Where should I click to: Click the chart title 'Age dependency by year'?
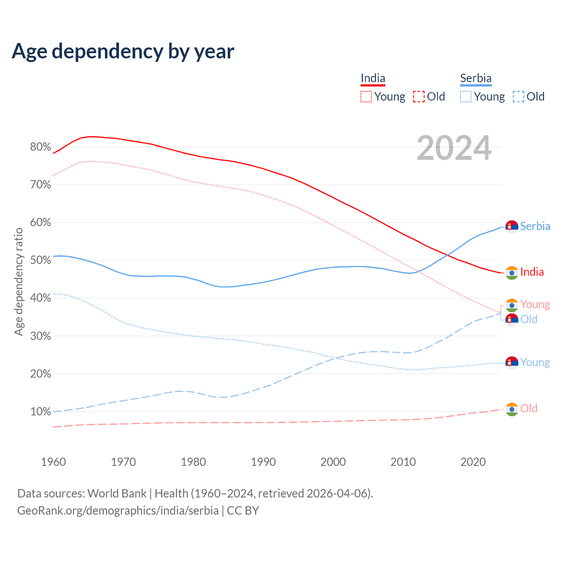point(123,51)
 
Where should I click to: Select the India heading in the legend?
point(373,79)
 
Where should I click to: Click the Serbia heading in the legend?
point(476,79)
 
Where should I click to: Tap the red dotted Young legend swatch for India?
point(366,97)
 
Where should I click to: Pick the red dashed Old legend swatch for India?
point(419,97)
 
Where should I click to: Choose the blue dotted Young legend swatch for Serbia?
point(465,97)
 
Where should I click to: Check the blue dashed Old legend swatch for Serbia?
point(519,97)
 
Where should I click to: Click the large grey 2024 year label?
point(454,148)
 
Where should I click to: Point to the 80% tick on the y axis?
point(40,147)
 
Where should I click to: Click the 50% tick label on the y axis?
point(40,260)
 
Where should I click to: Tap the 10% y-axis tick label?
point(40,412)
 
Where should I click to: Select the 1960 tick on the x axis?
point(53,462)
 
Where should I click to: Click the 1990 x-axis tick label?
point(263,462)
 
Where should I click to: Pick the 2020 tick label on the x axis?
point(473,462)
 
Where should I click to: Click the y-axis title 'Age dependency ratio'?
point(19,281)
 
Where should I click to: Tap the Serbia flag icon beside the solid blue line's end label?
point(512,227)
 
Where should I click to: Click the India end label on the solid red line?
point(532,272)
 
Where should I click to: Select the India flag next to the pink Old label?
point(512,409)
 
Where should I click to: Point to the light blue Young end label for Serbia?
point(535,363)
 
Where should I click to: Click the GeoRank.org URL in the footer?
point(118,511)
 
